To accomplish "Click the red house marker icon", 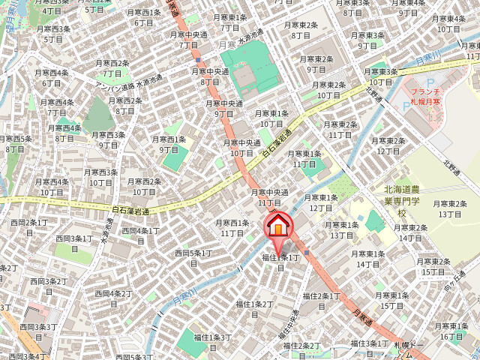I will tap(277, 226).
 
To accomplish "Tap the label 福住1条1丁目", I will tap(280, 262).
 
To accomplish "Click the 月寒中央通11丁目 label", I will tap(269, 198).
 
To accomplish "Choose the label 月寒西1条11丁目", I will tap(232, 228).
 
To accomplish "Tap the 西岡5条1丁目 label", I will tap(193, 258).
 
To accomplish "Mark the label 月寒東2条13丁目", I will tap(449, 208).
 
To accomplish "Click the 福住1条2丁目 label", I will tap(254, 309).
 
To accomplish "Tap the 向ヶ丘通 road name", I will tap(450, 283).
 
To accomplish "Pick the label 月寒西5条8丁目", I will tap(15, 144).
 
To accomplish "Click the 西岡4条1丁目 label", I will tap(140, 235).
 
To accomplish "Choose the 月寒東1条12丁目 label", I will tap(321, 202).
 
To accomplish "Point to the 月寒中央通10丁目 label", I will tap(241, 148).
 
